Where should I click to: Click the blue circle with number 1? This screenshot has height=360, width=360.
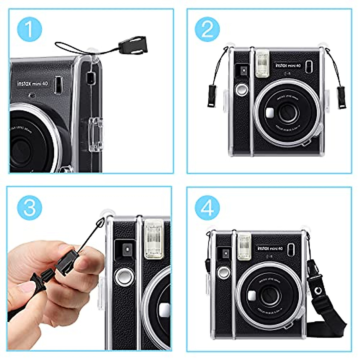29,29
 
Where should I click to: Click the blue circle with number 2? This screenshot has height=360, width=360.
207,29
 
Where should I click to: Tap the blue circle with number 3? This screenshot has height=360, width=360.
29,207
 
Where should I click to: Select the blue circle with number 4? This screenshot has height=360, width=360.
207,207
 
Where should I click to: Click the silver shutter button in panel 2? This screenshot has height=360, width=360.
242,89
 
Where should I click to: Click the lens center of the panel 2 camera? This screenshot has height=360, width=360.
288,113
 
